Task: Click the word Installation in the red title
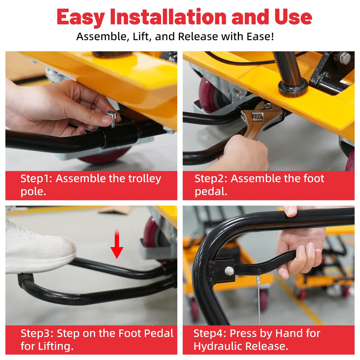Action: [168, 17]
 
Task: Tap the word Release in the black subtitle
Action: [198, 36]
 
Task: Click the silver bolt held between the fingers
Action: [112, 117]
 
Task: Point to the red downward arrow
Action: [117, 244]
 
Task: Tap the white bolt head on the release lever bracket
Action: [229, 271]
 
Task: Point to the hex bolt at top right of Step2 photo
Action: [345, 58]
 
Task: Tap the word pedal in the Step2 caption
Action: [211, 192]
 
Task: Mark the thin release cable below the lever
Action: [259, 301]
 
